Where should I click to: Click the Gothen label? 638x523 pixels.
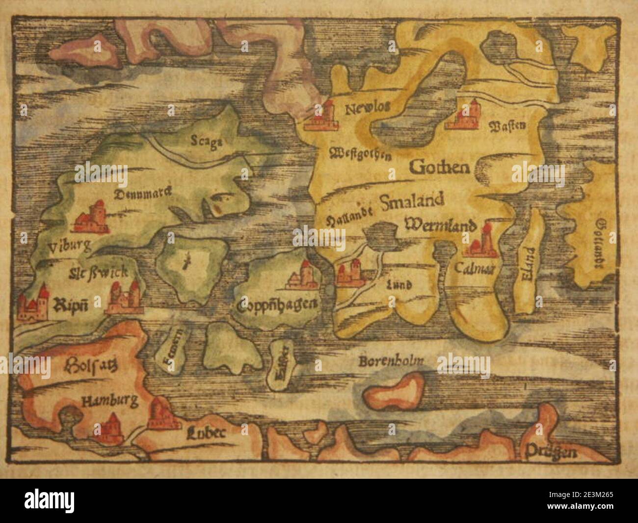point(439,168)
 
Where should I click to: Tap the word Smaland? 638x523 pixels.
point(412,200)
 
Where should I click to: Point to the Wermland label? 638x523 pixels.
point(441,226)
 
